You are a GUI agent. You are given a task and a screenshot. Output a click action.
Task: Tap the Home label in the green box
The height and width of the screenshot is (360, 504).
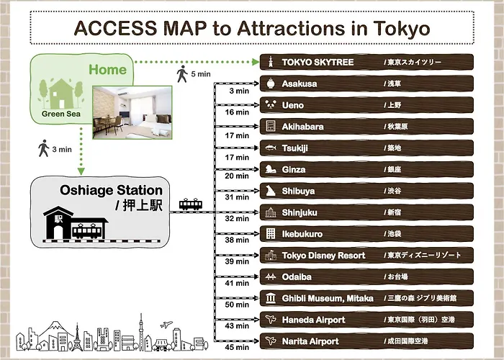point(108,69)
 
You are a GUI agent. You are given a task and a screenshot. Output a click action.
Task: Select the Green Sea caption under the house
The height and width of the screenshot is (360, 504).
point(61,114)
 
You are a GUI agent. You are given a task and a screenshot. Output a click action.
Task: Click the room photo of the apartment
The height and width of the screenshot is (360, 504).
point(132,112)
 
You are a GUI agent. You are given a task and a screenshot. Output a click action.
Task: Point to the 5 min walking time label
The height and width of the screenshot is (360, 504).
point(201,74)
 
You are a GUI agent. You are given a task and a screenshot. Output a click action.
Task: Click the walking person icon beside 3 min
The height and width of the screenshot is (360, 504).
point(43,148)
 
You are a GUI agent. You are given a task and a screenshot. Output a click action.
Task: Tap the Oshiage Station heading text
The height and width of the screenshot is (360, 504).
point(111,190)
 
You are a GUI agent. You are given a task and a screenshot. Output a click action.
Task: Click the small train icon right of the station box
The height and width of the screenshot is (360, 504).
point(191,204)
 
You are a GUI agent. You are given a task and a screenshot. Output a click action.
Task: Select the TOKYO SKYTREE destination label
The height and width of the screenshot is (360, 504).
point(318,62)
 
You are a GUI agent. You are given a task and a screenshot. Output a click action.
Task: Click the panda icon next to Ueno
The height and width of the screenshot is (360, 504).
point(271,104)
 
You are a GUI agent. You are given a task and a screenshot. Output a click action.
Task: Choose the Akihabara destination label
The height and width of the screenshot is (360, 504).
point(302,127)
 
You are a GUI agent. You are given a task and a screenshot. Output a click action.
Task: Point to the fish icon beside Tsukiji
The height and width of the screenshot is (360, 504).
point(271,148)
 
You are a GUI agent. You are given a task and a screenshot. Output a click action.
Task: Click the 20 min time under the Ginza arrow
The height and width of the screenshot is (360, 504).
point(237,176)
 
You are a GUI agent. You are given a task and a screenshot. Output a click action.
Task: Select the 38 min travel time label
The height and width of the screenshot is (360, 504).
point(237,240)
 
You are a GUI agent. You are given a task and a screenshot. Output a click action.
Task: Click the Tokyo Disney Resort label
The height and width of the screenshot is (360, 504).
point(323,256)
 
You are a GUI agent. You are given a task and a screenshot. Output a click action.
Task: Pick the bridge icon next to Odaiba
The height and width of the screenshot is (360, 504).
point(271,276)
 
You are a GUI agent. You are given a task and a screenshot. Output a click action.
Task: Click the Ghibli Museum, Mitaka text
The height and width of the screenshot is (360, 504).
point(328,299)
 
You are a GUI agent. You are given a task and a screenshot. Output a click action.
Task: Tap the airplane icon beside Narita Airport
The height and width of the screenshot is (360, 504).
point(271,341)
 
